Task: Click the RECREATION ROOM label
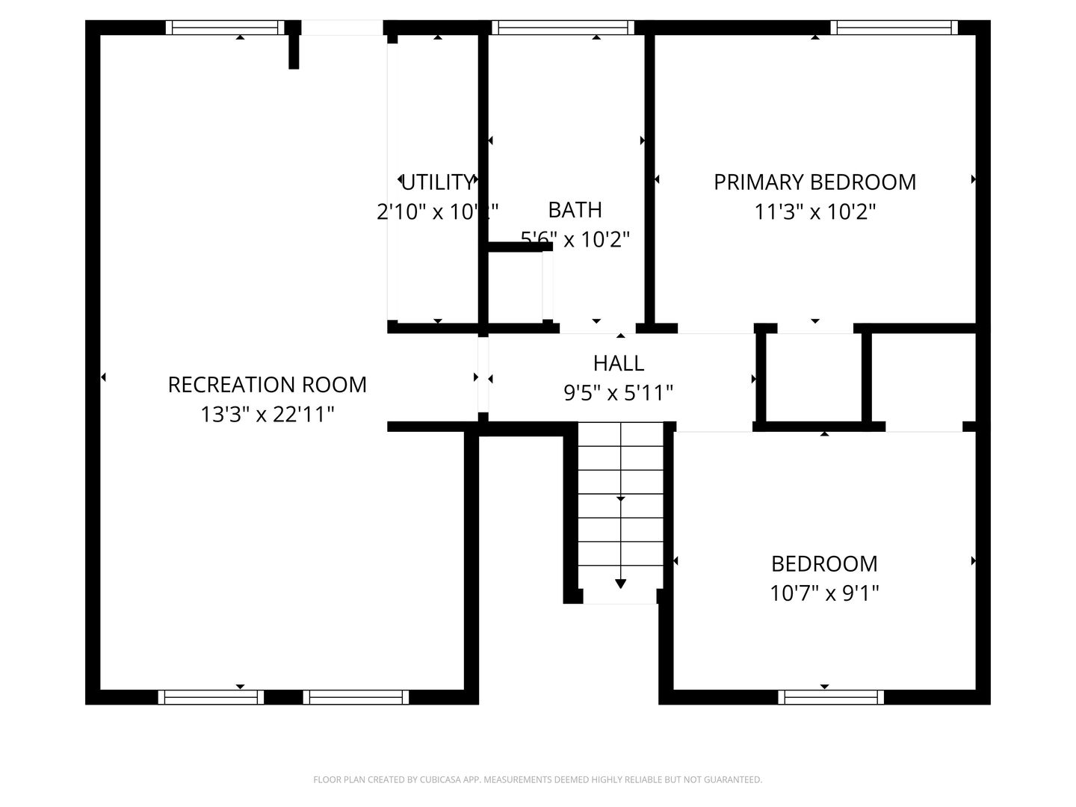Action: point(267,385)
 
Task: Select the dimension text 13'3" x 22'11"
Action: point(267,414)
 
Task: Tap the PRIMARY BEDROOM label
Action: point(814,182)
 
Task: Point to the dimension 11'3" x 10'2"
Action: point(814,212)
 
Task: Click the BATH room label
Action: point(575,210)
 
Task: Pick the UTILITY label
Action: point(437,182)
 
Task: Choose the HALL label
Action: point(619,363)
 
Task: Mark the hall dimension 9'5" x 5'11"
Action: point(619,392)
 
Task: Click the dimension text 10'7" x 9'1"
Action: point(824,593)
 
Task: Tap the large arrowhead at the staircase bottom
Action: point(620,584)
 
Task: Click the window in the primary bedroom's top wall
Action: point(894,28)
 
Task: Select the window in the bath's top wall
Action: point(563,28)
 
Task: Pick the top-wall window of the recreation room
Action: point(225,28)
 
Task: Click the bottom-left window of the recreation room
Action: point(211,697)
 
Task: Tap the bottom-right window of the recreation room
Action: point(356,697)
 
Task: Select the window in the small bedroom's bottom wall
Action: point(830,697)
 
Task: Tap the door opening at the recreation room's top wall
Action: point(342,28)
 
